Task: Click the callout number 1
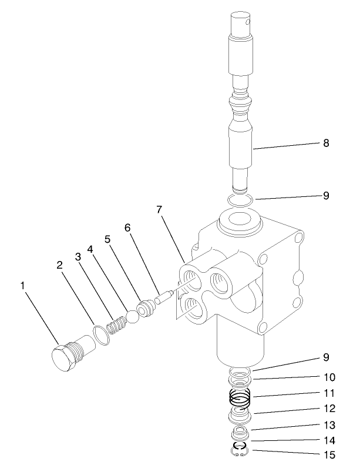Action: coord(23,286)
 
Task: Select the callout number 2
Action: coord(59,265)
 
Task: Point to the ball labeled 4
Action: coord(133,316)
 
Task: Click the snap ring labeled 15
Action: coord(240,451)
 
